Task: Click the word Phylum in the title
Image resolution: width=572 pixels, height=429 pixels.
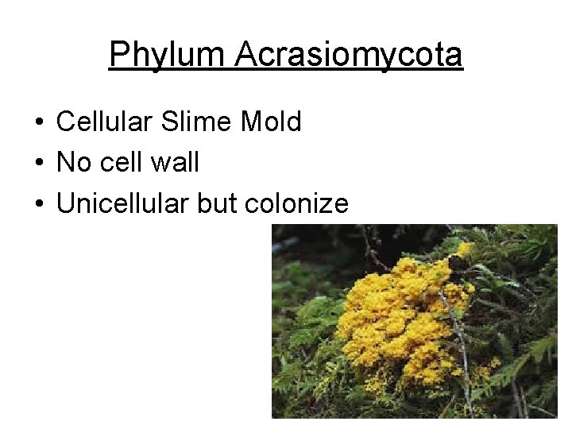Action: point(167,56)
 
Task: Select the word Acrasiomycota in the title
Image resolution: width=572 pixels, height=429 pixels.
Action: point(349,56)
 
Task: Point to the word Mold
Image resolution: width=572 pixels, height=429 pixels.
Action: point(271,122)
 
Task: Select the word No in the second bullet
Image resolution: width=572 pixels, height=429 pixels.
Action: point(75,163)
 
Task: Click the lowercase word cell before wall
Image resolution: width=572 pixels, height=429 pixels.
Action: point(122,163)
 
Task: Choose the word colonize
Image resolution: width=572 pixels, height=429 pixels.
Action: point(296,204)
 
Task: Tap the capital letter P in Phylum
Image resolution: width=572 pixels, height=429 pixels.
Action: point(118,56)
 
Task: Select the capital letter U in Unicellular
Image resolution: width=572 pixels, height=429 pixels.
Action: point(66,204)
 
